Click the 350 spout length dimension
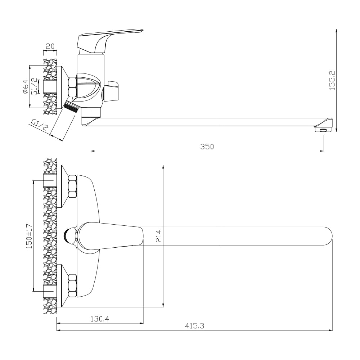click(x=207, y=147)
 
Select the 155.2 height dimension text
click(x=332, y=80)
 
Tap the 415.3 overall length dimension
click(x=194, y=326)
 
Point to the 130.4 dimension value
click(x=100, y=319)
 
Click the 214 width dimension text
click(x=159, y=236)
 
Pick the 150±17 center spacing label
click(x=29, y=236)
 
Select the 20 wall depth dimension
click(x=50, y=46)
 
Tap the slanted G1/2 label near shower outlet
click(x=39, y=125)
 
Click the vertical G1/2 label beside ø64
click(x=34, y=86)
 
